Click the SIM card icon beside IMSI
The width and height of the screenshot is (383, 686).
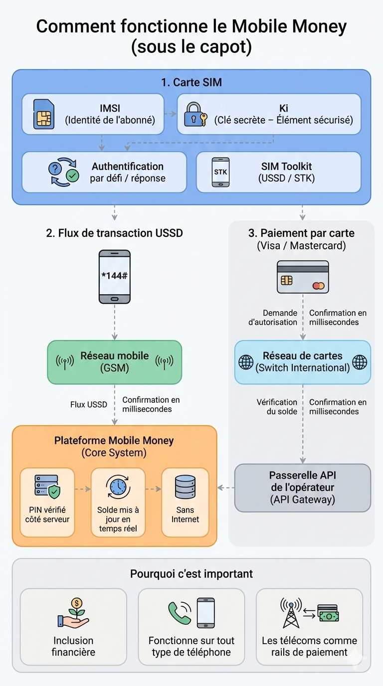(43, 114)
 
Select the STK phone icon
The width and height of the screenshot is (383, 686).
(220, 172)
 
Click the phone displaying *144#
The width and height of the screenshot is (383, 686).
(115, 277)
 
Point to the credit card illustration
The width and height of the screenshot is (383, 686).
(303, 277)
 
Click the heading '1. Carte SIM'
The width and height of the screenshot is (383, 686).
(191, 82)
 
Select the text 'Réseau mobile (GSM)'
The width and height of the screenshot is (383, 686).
(115, 362)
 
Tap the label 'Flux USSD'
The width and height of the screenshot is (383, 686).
(89, 404)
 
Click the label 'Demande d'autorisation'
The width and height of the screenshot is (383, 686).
(273, 318)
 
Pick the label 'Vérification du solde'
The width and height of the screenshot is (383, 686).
(277, 407)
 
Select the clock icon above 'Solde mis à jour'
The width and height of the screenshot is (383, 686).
(118, 487)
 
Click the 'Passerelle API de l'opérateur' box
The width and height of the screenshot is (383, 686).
(303, 488)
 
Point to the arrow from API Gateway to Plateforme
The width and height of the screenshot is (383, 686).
(226, 488)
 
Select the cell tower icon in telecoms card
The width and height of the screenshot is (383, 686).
(291, 614)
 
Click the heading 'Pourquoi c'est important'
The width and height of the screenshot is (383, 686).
(191, 574)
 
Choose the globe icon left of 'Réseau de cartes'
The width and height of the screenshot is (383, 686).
(246, 362)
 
